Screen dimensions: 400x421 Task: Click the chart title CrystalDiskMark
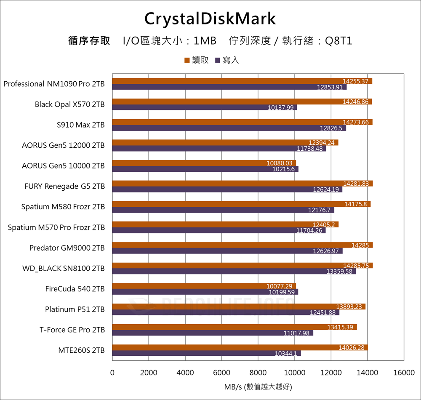click(x=210, y=19)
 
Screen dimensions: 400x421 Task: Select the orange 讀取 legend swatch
click(x=187, y=60)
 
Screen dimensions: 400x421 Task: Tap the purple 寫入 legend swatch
click(x=218, y=60)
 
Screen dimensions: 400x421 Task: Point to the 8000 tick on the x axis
click(x=258, y=373)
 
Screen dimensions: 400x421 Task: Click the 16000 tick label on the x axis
click(x=404, y=373)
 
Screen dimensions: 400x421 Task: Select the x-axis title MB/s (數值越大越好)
click(x=258, y=387)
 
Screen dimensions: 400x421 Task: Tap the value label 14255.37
click(x=356, y=81)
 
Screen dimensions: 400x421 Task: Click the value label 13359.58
click(x=339, y=272)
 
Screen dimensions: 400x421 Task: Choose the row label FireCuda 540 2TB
click(x=75, y=289)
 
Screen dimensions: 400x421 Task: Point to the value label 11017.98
click(x=296, y=333)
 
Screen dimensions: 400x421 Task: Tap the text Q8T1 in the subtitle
click(x=338, y=41)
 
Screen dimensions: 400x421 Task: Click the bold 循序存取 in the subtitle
click(x=89, y=41)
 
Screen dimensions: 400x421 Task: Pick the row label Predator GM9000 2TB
click(x=67, y=248)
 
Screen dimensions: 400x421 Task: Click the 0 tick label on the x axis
click(x=112, y=373)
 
